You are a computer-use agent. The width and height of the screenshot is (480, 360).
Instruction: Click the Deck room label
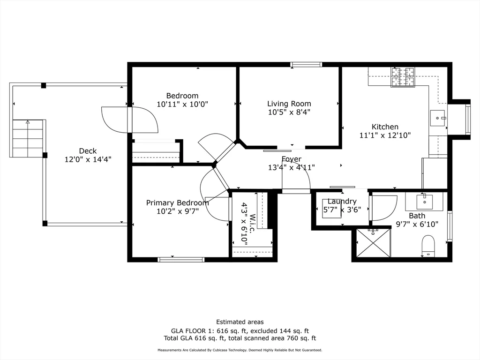[88, 150]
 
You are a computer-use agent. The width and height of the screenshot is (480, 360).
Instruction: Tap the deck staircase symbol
[28, 138]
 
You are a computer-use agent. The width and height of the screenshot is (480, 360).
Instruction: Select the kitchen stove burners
[403, 77]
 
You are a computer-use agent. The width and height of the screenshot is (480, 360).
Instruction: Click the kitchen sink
[439, 119]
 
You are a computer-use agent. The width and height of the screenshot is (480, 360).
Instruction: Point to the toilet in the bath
[428, 246]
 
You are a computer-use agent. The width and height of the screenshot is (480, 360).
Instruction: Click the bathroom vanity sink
[424, 201]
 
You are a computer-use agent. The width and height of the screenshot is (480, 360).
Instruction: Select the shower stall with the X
[373, 242]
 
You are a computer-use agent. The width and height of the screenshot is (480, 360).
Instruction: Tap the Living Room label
[289, 104]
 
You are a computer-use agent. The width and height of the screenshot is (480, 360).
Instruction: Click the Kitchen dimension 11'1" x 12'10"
[385, 135]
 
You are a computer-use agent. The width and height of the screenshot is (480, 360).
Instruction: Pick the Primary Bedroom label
[177, 202]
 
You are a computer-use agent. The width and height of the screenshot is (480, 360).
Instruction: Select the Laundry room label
[342, 201]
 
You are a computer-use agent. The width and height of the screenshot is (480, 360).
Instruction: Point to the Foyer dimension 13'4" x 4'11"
[291, 167]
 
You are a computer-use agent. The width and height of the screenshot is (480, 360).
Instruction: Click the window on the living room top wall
[306, 64]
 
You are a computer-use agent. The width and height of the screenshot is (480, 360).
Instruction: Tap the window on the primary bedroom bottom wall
[181, 259]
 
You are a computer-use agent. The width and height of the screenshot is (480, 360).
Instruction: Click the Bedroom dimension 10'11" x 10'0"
[182, 104]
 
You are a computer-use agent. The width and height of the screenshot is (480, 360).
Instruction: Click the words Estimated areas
[240, 322]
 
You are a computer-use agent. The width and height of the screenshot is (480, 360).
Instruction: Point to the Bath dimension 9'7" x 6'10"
[417, 224]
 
